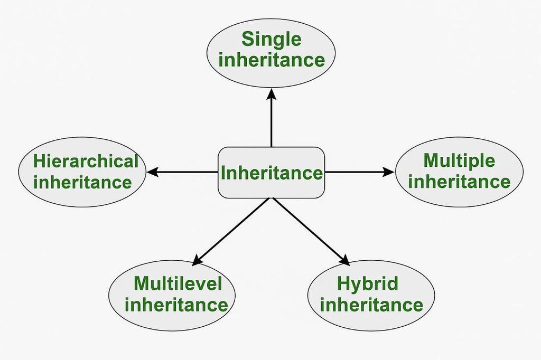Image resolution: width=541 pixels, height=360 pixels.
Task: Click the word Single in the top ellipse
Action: [272, 40]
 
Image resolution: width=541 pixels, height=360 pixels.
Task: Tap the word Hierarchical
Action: [86, 161]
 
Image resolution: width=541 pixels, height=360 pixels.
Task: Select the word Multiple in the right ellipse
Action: [459, 160]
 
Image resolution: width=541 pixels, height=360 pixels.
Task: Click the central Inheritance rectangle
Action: [272, 173]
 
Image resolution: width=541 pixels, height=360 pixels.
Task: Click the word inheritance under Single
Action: [272, 60]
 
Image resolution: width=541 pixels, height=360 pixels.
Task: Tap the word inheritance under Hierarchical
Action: [82, 183]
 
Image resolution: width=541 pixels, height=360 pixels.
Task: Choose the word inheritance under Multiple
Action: [459, 182]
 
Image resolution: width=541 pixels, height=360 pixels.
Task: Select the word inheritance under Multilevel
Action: [176, 305]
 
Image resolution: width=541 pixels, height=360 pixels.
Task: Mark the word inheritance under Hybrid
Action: [371, 305]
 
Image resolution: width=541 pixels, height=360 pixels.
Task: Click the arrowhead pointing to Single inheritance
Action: [272, 94]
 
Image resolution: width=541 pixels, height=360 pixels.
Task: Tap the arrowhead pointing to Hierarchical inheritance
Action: [152, 172]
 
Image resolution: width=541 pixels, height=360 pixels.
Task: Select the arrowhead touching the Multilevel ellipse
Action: [197, 260]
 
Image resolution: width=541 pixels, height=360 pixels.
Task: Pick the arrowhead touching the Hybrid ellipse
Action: [344, 260]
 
